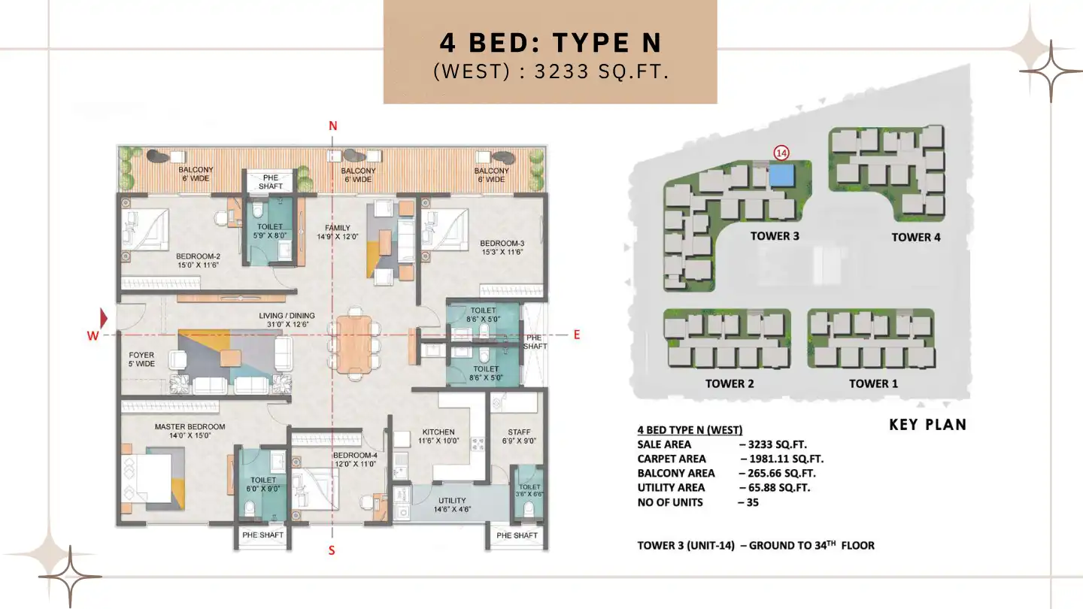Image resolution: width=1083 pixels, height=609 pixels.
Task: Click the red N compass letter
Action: point(332,126)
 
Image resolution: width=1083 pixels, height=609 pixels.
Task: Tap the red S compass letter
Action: point(332,550)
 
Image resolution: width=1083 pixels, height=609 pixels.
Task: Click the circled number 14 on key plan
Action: point(781,153)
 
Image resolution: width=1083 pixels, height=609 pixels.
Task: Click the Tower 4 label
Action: point(915,237)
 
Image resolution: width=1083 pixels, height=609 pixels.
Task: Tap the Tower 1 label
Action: point(873,383)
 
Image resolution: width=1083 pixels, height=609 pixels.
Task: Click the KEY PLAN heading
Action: point(927,425)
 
